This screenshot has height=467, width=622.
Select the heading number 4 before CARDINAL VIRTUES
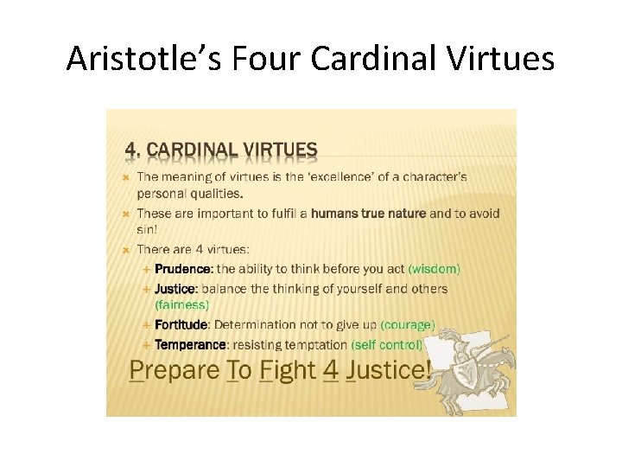pyautogui.click(x=132, y=150)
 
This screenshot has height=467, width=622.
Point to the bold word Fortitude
pyautogui.click(x=181, y=325)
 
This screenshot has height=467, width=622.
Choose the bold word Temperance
pyautogui.click(x=189, y=344)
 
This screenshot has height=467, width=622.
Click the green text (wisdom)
pyautogui.click(x=434, y=269)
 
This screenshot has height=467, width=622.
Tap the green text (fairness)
pyautogui.click(x=181, y=304)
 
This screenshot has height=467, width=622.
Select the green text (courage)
pyautogui.click(x=408, y=325)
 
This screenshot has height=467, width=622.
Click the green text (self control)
pyautogui.click(x=387, y=344)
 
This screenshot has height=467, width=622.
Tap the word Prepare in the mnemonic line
pyautogui.click(x=172, y=372)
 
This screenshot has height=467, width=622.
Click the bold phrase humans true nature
pyautogui.click(x=368, y=214)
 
